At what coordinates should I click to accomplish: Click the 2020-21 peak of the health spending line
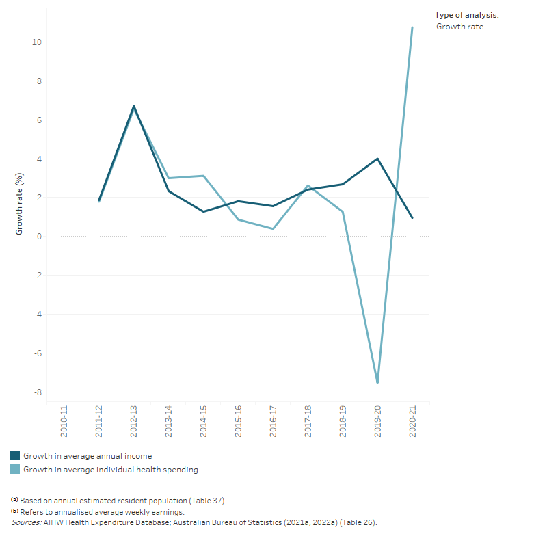tap(412, 27)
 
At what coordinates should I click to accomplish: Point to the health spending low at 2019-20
tap(377, 383)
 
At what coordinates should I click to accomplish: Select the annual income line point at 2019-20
tap(377, 159)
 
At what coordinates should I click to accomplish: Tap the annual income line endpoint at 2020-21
tap(412, 218)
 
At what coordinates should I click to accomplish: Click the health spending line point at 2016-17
tap(273, 229)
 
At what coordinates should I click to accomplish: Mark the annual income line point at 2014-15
tap(203, 211)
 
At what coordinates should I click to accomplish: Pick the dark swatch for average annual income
tap(15, 456)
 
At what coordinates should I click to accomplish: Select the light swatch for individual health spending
tap(15, 470)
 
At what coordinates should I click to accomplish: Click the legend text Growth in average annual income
tap(88, 456)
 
